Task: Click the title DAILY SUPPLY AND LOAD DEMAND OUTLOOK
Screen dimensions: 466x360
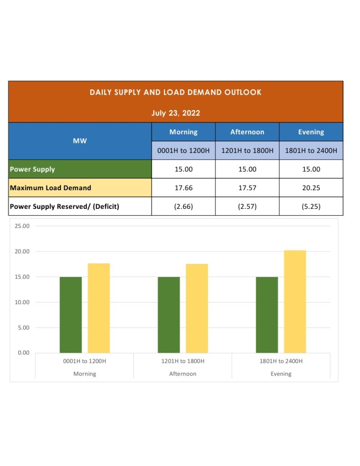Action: (x=175, y=92)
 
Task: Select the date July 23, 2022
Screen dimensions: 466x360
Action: (x=175, y=113)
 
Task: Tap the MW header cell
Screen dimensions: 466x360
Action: (x=80, y=141)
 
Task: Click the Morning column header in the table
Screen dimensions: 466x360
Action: (x=183, y=132)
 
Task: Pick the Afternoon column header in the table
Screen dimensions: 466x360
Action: (x=247, y=132)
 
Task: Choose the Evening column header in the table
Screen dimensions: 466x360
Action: (x=311, y=132)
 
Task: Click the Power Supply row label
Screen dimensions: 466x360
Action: (x=32, y=169)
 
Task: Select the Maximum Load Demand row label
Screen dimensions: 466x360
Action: (x=51, y=187)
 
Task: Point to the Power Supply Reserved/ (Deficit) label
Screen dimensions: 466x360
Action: (x=64, y=207)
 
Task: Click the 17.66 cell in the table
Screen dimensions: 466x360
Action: (x=183, y=187)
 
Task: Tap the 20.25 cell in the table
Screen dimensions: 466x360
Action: (x=311, y=187)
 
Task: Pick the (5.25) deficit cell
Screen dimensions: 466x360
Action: (x=311, y=207)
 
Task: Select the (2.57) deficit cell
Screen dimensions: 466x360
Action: (x=247, y=207)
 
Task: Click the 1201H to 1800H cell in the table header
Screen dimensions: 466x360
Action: (x=247, y=150)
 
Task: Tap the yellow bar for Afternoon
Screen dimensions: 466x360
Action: (x=197, y=308)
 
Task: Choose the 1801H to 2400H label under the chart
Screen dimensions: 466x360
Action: (x=281, y=361)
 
